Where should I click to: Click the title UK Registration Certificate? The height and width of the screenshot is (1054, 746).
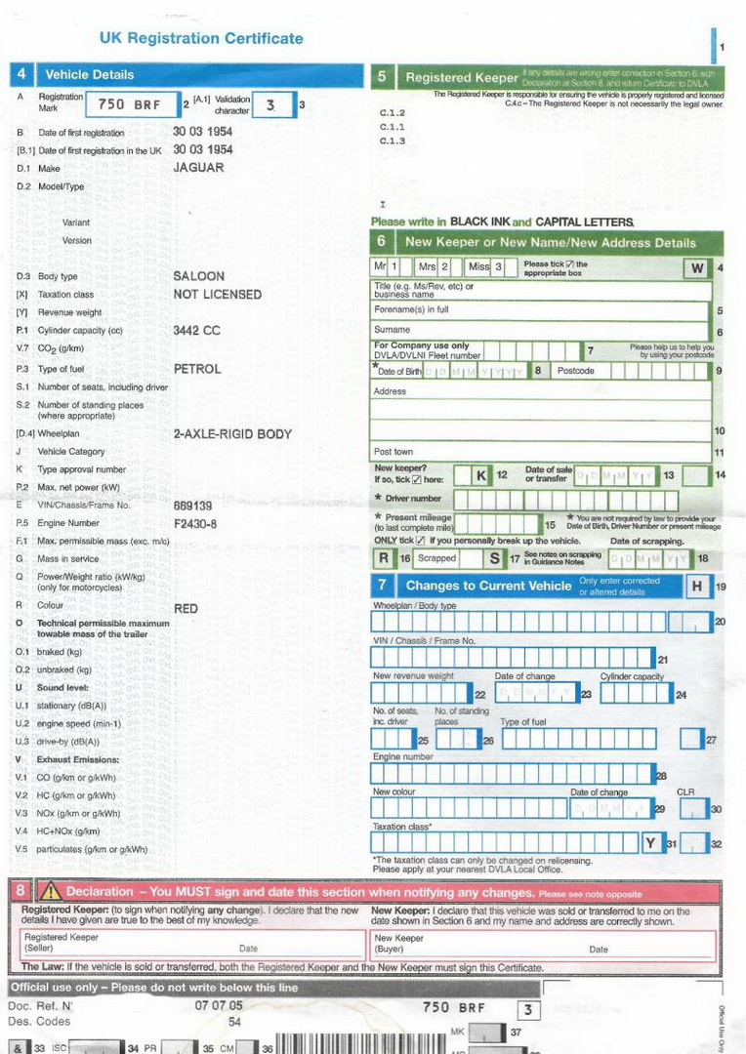tap(201, 39)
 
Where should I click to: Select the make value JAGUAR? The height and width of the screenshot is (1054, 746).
tap(198, 168)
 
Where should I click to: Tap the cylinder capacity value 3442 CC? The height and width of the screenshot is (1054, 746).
tap(196, 331)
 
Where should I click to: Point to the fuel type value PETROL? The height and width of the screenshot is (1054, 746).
tap(197, 369)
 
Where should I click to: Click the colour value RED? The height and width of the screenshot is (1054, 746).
tap(186, 608)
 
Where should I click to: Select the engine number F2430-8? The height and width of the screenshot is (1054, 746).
tap(195, 524)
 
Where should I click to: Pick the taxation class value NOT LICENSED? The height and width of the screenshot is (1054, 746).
tap(217, 294)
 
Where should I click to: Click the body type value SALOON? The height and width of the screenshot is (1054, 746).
tap(198, 276)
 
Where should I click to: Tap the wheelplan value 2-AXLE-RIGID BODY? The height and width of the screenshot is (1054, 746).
tap(232, 434)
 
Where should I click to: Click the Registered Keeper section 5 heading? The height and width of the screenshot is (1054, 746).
tap(461, 77)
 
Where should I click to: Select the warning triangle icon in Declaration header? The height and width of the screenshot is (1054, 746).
tap(50, 892)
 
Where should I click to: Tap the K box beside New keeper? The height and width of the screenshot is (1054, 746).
tap(481, 475)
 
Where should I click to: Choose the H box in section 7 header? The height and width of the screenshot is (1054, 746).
tap(696, 586)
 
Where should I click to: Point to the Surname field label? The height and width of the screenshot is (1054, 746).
tap(393, 330)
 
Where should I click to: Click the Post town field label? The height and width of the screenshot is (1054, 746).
tap(394, 452)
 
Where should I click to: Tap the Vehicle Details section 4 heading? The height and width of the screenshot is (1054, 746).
tap(90, 75)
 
